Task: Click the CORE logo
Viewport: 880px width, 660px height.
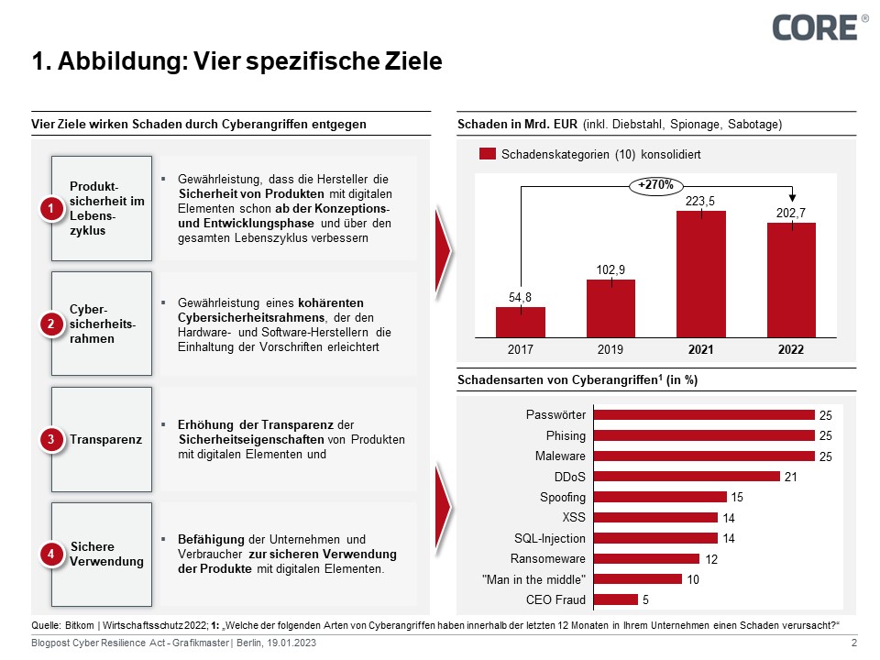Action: (813, 27)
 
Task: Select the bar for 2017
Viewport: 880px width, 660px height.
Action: (521, 323)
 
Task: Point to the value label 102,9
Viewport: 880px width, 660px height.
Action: (610, 268)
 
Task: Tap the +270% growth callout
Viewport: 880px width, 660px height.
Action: (655, 185)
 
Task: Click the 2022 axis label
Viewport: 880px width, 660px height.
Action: (791, 350)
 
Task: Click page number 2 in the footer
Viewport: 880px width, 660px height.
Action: (853, 644)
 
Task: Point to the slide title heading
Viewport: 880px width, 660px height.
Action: (236, 62)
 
